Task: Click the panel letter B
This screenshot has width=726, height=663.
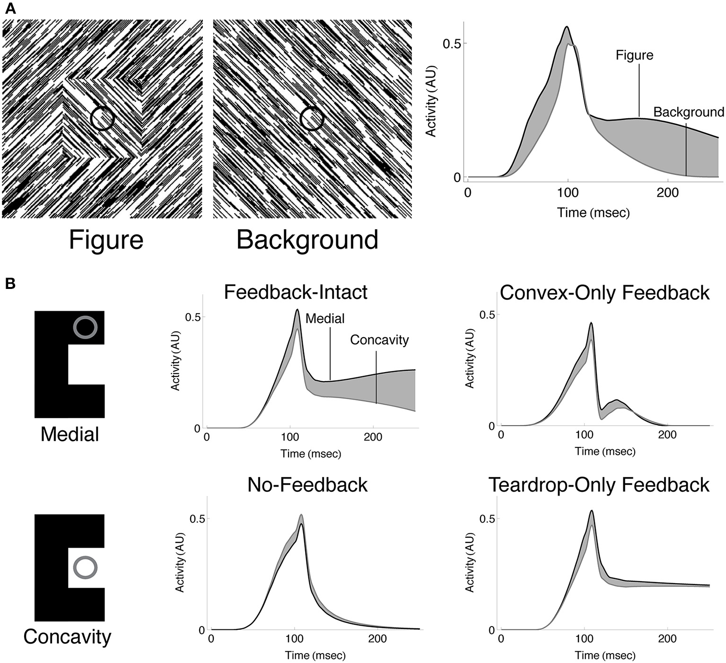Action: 10,283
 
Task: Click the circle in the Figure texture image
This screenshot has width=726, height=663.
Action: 102,118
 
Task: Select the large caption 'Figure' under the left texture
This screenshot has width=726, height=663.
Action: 106,240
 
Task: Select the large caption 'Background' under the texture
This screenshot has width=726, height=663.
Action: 307,240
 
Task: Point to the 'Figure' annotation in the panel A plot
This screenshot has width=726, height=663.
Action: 634,55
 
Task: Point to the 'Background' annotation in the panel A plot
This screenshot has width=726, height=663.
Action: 689,112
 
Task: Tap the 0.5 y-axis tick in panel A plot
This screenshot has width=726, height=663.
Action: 452,44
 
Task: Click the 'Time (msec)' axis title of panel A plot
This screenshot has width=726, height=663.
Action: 593,212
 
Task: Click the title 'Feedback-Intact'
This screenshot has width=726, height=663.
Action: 296,292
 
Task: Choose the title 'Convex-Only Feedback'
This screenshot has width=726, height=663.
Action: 604,293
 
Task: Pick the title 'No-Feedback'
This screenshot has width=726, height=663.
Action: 307,485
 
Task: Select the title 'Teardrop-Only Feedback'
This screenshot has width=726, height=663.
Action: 599,485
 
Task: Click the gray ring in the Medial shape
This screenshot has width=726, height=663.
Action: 86,328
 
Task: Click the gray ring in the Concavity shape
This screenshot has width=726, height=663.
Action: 86,567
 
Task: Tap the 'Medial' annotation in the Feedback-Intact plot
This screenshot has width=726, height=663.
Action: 325,319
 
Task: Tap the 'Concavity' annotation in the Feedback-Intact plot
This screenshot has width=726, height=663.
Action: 379,340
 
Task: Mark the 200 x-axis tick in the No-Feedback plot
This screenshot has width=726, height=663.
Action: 377,639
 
